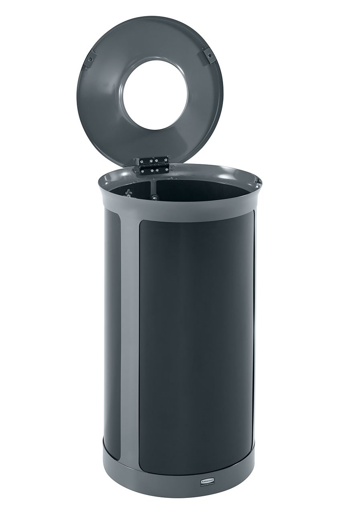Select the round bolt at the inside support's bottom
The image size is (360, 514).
pyautogui.click(x=154, y=198)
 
